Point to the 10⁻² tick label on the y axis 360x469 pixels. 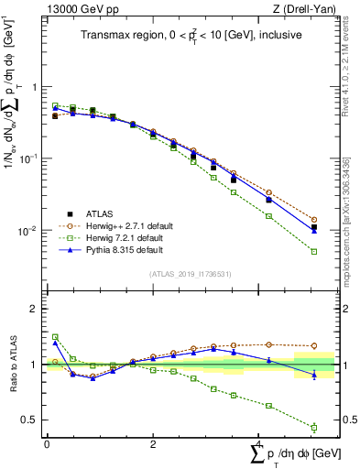coord(28,231)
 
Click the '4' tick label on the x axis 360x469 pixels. coord(258,444)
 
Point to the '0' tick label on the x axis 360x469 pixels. coord(47,444)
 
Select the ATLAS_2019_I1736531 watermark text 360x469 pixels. coord(191,274)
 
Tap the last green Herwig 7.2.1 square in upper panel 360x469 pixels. coord(314,251)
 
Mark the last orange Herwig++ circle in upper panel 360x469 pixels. coord(314,220)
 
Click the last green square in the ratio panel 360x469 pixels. coord(314,427)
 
